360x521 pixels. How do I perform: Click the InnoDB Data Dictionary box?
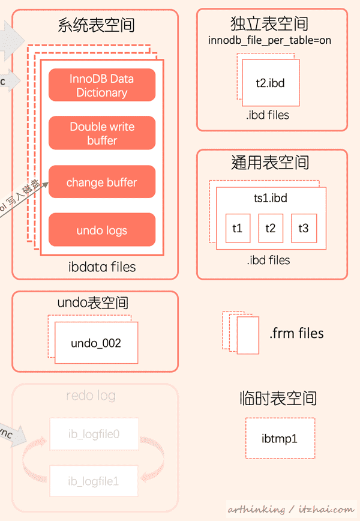(x=102, y=85)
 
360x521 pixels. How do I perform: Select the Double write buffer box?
(x=102, y=133)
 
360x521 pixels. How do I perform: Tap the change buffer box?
(x=102, y=182)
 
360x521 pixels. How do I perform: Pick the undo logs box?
(x=102, y=230)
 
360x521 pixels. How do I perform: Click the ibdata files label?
(x=102, y=267)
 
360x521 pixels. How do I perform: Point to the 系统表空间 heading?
(x=96, y=25)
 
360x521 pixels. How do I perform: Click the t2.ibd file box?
(x=270, y=82)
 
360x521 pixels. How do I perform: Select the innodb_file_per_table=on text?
(x=270, y=41)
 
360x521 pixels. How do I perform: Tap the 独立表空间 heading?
(x=269, y=24)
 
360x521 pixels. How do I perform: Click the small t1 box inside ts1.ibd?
(x=238, y=228)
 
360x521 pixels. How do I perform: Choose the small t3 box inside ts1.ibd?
(x=304, y=228)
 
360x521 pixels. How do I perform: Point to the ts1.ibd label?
(x=271, y=198)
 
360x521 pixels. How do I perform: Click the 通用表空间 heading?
(x=270, y=163)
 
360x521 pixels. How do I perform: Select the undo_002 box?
(x=96, y=343)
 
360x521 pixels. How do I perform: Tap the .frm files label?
(x=296, y=333)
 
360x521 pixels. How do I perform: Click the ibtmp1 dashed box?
(x=280, y=439)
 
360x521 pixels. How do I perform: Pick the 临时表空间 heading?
(x=277, y=398)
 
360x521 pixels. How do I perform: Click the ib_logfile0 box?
(x=94, y=433)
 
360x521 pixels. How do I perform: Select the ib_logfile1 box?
(x=94, y=480)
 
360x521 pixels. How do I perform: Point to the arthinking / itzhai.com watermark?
(x=290, y=509)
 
